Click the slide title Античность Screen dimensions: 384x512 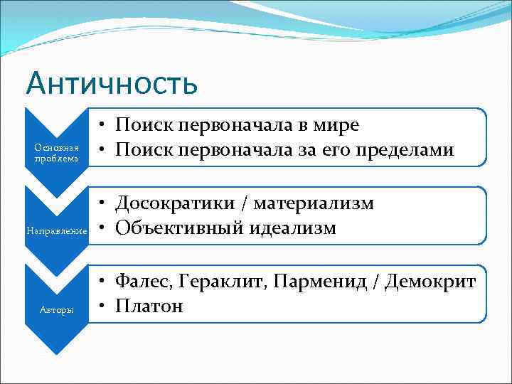[x=111, y=82]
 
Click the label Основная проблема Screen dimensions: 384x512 [x=56, y=152]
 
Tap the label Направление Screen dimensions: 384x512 [x=56, y=231]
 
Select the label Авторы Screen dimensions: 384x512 [x=56, y=310]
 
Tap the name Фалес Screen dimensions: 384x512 [x=139, y=282]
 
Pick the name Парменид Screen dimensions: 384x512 [x=310, y=282]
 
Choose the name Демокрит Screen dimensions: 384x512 [x=430, y=282]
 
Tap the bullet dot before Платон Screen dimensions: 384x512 [x=104, y=306]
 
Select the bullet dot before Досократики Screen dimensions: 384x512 [x=104, y=204]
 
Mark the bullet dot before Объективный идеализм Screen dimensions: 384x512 [x=104, y=228]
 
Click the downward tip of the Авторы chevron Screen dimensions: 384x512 [x=56, y=353]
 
